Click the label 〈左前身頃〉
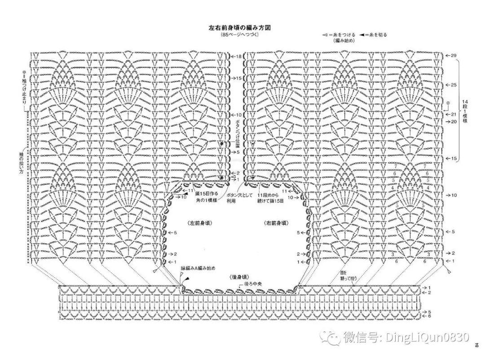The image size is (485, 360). [x=200, y=223]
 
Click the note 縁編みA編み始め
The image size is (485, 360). [x=198, y=268]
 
